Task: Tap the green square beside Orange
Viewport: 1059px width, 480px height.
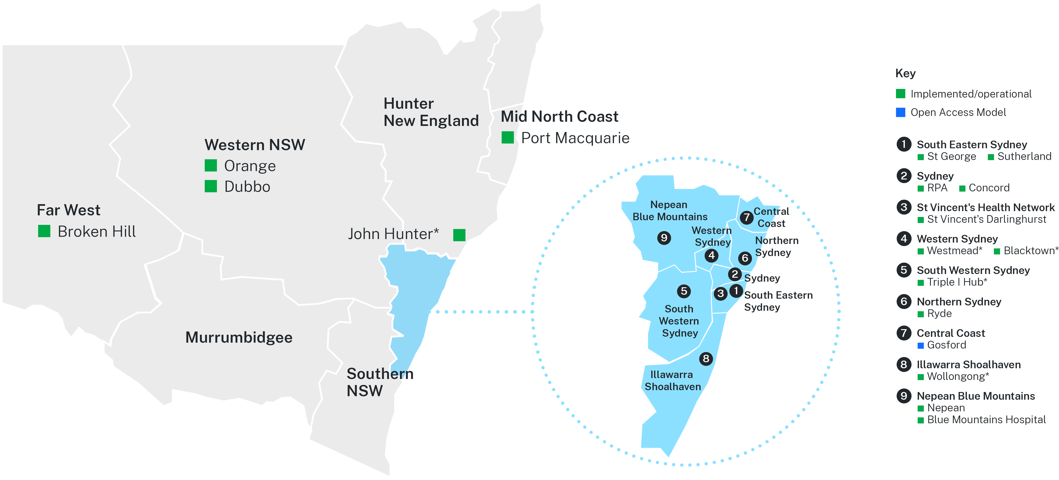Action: (x=211, y=166)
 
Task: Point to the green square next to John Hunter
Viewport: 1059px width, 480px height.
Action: (x=459, y=235)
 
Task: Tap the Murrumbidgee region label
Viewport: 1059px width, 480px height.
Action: (x=239, y=338)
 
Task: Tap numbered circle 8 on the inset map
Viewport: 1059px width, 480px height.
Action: (x=706, y=358)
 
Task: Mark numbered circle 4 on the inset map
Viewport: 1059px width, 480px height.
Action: (x=712, y=255)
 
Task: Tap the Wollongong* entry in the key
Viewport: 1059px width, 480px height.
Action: (x=958, y=376)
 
